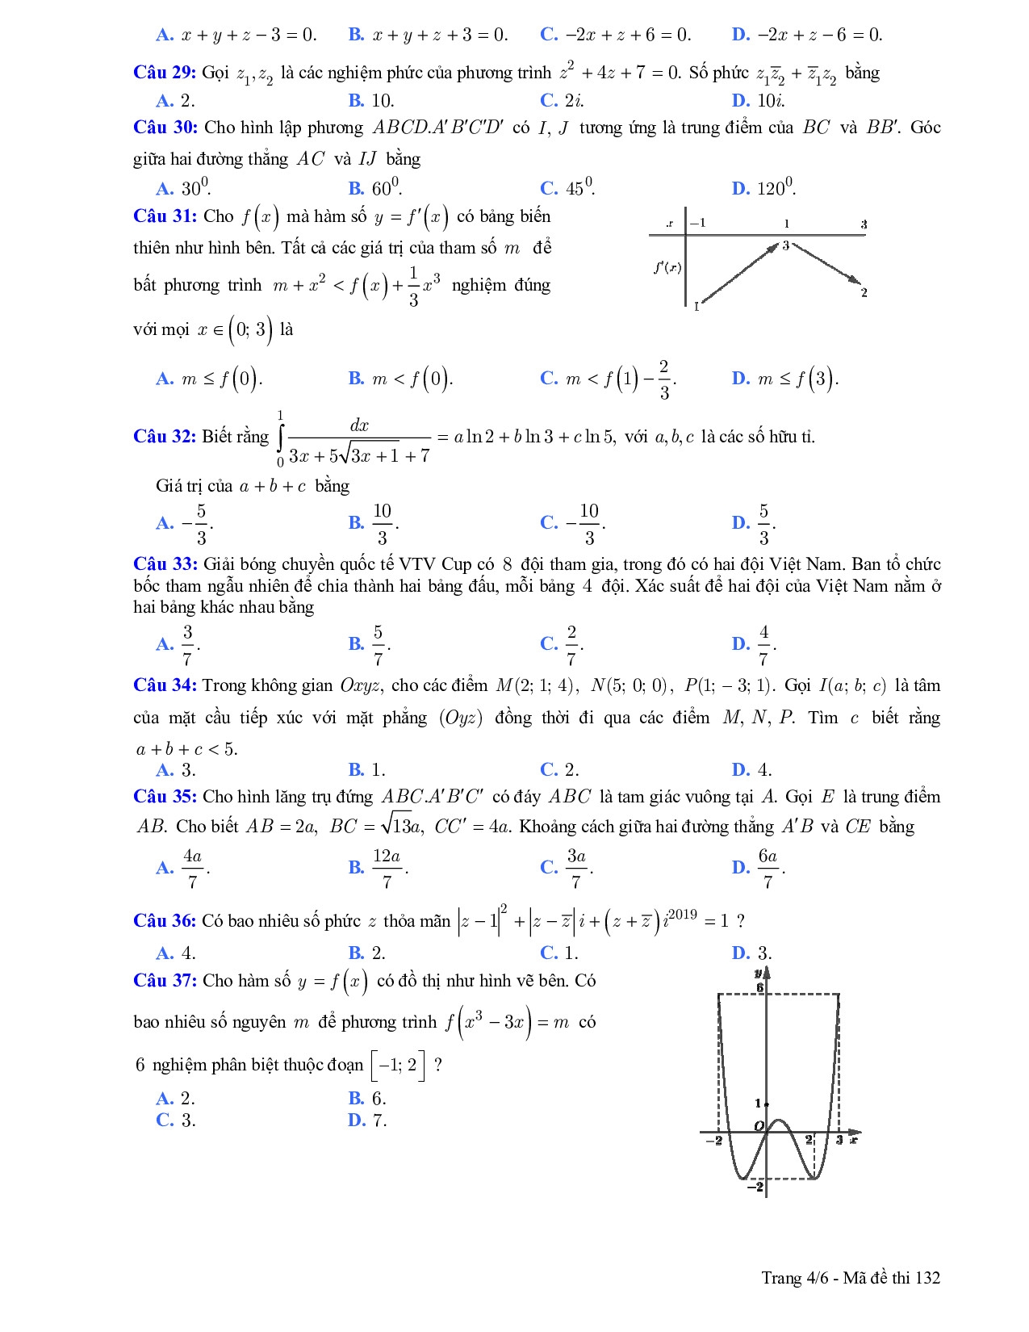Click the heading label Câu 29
pos(165,73)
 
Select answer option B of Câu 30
pos(375,189)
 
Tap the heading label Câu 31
pos(165,216)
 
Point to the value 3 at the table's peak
pos(784,245)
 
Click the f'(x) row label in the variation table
pos(667,267)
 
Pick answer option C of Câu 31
pos(607,379)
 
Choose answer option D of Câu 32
pos(754,523)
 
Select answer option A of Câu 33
pos(178,644)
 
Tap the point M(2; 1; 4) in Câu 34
pos(535,686)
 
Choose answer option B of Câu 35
pos(379,868)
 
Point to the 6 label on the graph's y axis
pos(759,986)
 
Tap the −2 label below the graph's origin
pos(755,1186)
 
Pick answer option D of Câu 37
pos(367,1120)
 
